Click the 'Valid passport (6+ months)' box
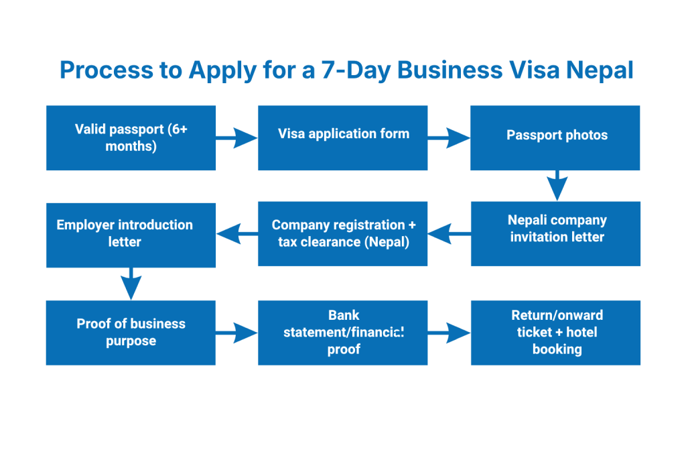point(131,138)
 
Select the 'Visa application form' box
point(342,138)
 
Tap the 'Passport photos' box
point(555,138)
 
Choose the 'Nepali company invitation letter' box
point(555,233)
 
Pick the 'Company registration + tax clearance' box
point(342,233)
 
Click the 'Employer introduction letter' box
point(131,234)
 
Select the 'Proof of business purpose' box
point(131,332)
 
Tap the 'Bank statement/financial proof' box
point(342,332)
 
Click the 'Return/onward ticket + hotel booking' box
point(555,332)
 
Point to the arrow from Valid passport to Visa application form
point(236,139)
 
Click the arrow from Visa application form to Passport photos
point(449,139)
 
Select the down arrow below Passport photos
point(557,186)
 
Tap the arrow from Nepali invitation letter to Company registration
point(449,234)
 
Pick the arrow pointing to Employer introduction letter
point(237,234)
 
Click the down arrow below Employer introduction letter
point(130,283)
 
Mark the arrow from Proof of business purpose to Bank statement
point(236,332)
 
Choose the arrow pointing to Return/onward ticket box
point(449,332)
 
